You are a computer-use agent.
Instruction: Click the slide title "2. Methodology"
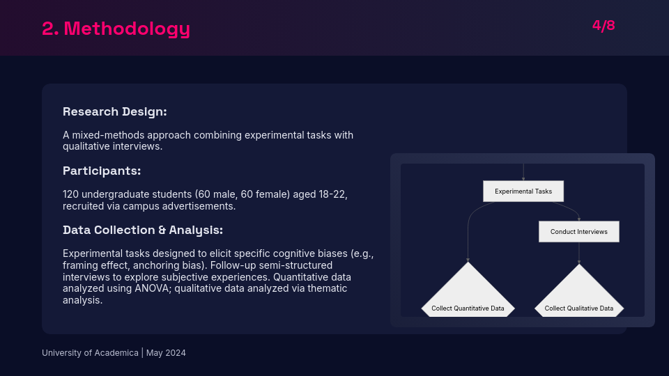[116, 29]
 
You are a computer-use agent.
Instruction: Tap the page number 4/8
[603, 26]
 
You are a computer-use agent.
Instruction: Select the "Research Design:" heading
[114, 111]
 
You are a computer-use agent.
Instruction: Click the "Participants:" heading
[102, 171]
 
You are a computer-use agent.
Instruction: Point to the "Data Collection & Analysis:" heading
[143, 230]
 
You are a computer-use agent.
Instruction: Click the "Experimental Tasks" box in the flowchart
[523, 191]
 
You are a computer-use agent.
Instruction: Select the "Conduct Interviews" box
[578, 231]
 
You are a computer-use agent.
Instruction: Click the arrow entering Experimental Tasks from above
[523, 173]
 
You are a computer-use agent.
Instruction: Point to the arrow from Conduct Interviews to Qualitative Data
[578, 253]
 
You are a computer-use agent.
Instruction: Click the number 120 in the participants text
[71, 194]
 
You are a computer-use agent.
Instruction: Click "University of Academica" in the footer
[90, 353]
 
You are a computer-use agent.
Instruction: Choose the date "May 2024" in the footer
[166, 353]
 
